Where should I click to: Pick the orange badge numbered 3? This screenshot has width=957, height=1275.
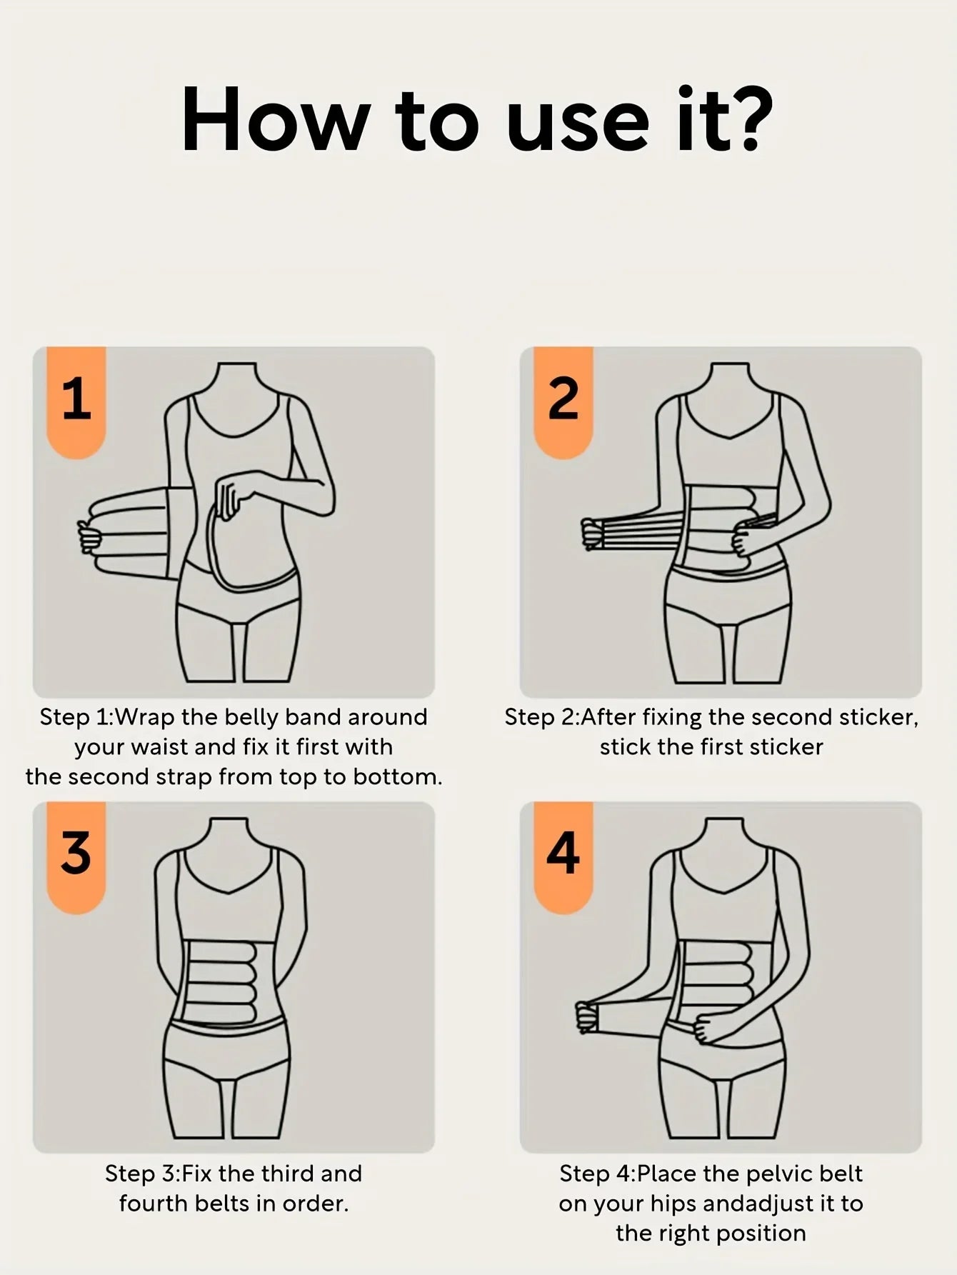point(76,855)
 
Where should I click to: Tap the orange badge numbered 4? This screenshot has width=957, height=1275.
point(563,855)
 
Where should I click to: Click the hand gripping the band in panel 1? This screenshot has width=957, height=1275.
point(88,536)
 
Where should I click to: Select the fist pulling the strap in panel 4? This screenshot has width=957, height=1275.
point(586,1016)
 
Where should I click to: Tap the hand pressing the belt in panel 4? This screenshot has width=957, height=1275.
point(710,1029)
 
